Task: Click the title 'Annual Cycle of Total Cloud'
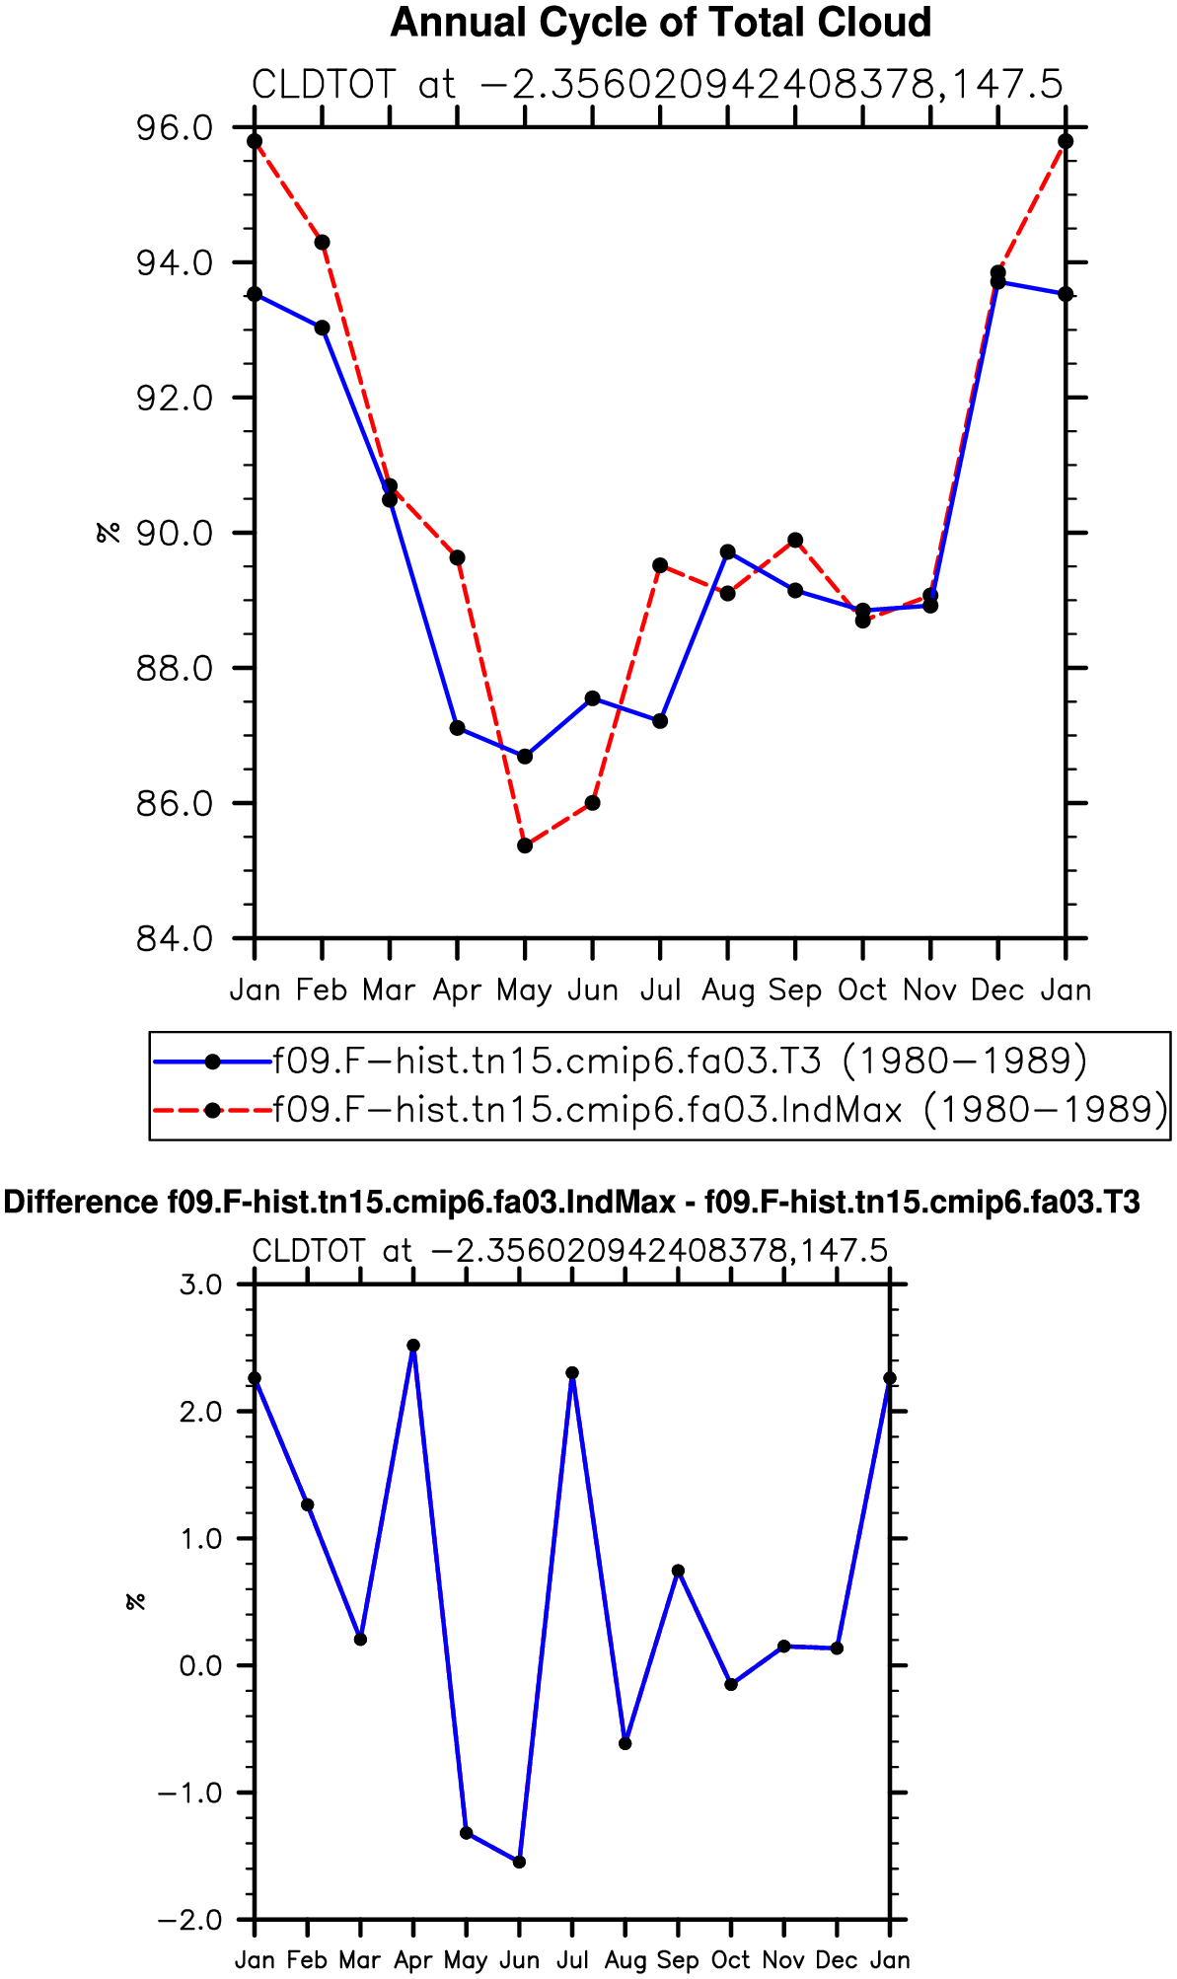click(661, 23)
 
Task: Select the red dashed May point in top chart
click(525, 845)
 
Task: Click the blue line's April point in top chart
click(457, 728)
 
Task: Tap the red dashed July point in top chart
click(660, 565)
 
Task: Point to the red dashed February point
click(322, 243)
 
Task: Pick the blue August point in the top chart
click(727, 551)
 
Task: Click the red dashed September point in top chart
click(795, 541)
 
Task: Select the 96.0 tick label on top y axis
click(175, 128)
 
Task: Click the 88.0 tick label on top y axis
click(175, 668)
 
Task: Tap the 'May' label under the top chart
click(525, 990)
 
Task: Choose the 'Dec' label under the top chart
click(997, 989)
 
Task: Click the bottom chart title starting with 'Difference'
click(572, 1203)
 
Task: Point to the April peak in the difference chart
click(413, 1346)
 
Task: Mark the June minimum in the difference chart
click(520, 1862)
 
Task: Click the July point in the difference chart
click(572, 1373)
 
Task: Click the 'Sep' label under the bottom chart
click(678, 1960)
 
